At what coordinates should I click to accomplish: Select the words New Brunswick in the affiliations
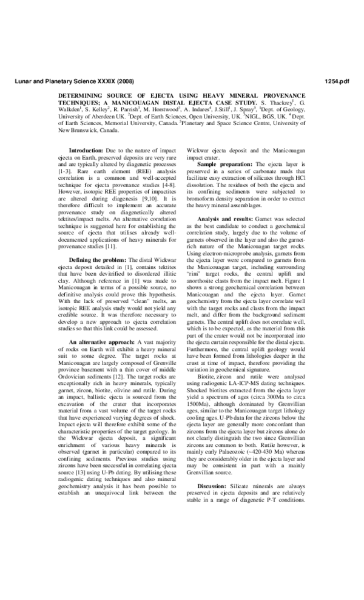78,130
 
